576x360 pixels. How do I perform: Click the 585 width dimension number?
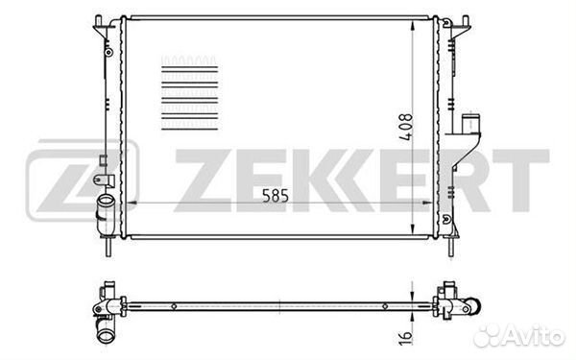click(276, 196)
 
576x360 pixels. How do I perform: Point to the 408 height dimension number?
click(406, 127)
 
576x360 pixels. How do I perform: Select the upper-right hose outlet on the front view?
click(470, 123)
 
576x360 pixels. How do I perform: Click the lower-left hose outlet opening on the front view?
click(107, 202)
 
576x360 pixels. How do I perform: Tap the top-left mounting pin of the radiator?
click(98, 20)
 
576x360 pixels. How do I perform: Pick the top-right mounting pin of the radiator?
click(465, 20)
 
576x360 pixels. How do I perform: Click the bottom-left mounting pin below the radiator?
click(108, 248)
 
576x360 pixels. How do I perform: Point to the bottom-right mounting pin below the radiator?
click(451, 248)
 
